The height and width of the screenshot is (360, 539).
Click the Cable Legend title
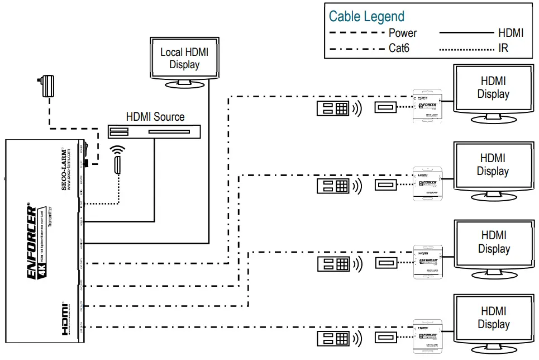point(366,16)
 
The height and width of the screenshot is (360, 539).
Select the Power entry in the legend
point(403,33)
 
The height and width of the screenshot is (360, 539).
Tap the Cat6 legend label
point(399,48)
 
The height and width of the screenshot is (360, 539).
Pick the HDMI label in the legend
point(511,33)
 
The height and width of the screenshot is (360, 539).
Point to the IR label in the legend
point(503,48)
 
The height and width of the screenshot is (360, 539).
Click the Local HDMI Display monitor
point(184,59)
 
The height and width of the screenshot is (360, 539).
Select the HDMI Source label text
point(155,117)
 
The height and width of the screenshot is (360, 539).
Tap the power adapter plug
point(47,86)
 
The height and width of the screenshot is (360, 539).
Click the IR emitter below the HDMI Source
point(118,165)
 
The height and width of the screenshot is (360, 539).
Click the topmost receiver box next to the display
point(427,105)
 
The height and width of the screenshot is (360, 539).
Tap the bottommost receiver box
point(427,335)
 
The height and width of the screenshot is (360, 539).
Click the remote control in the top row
point(333,108)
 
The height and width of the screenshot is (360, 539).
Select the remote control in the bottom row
point(333,338)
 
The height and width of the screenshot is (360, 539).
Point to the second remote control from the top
point(333,186)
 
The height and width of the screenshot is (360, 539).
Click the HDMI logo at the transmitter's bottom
point(65,319)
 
